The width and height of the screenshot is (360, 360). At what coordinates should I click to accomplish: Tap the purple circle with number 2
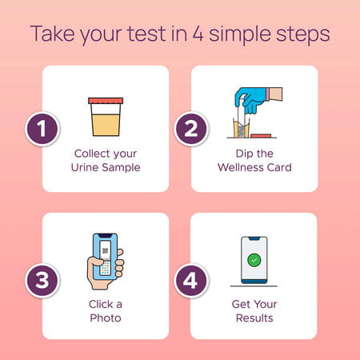[190, 128]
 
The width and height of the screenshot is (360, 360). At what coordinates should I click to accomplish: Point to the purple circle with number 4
[190, 282]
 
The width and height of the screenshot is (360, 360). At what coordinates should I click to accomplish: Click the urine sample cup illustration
[106, 118]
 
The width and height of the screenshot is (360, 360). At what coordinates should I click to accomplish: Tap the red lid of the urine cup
[106, 101]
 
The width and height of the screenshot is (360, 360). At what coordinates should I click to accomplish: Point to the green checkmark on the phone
[254, 260]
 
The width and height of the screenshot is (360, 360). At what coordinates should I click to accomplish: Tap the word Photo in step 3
[105, 318]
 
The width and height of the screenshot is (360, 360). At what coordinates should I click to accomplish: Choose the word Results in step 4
[254, 318]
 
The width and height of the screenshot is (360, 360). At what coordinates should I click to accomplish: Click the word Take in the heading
[54, 36]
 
